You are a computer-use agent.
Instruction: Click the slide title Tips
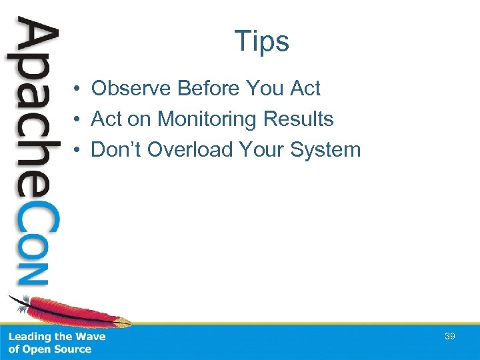[261, 41]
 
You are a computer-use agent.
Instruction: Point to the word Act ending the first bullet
[305, 88]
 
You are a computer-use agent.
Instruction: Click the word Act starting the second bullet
[106, 119]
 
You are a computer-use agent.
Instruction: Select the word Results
[298, 119]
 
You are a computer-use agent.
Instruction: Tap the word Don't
[117, 150]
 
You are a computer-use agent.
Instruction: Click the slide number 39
[450, 337]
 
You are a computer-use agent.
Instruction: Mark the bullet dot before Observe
[78, 89]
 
